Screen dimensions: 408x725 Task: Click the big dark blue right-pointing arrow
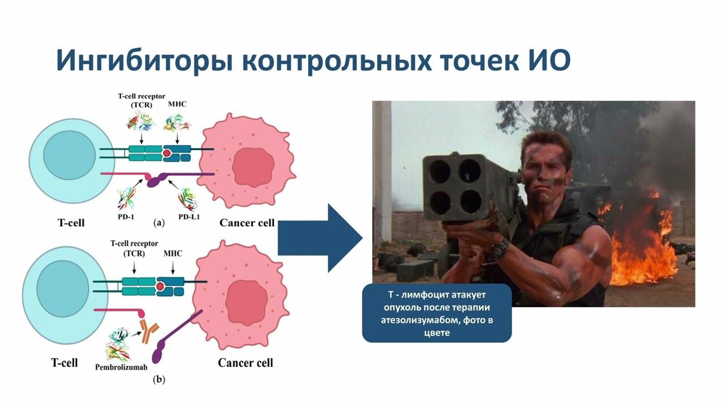click(321, 239)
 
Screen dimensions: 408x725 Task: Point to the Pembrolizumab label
click(121, 367)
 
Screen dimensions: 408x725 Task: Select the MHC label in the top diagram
click(177, 104)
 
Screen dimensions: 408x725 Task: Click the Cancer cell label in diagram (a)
click(247, 223)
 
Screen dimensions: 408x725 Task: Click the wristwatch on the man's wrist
click(500, 246)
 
